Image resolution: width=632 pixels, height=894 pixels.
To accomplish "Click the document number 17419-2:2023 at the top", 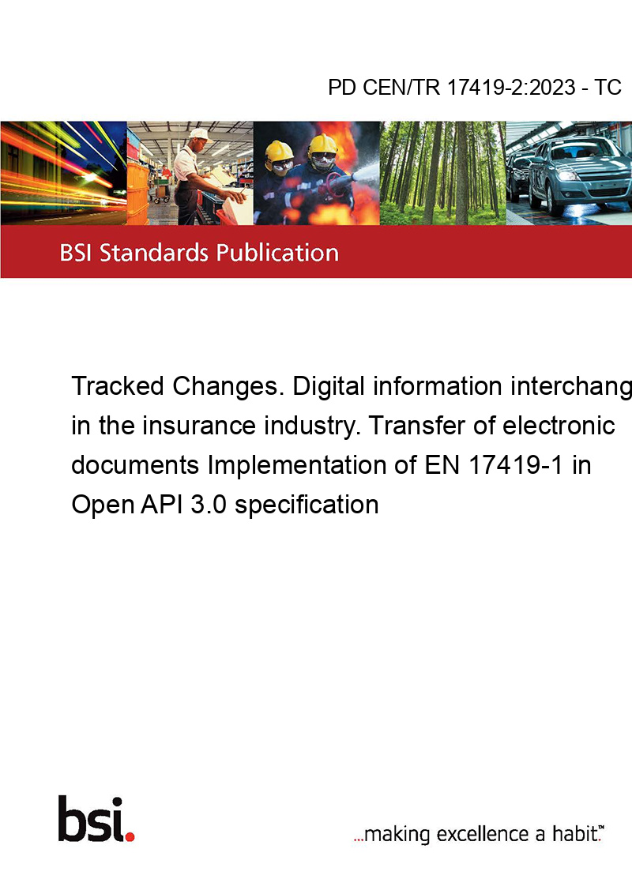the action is pyautogui.click(x=511, y=87).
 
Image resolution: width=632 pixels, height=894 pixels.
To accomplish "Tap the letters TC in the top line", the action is pyautogui.click(x=608, y=87).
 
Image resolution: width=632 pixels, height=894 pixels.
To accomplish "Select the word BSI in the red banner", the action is pyautogui.click(x=77, y=253).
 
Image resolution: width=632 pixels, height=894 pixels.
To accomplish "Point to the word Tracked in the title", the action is pyautogui.click(x=118, y=386).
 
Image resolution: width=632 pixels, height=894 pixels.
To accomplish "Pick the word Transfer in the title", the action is pyautogui.click(x=420, y=426).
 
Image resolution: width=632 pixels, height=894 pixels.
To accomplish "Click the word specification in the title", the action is pyautogui.click(x=307, y=505).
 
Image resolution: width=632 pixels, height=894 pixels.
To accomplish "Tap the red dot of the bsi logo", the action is pyautogui.click(x=130, y=836).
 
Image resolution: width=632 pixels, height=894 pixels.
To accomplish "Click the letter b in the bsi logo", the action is pyautogui.click(x=73, y=819).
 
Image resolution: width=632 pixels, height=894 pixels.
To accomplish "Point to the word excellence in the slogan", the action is pyautogui.click(x=483, y=833).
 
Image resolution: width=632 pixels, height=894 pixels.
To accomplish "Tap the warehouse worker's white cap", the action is pyautogui.click(x=200, y=134).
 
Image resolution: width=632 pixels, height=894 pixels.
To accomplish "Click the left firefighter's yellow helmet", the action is pyautogui.click(x=280, y=151).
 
